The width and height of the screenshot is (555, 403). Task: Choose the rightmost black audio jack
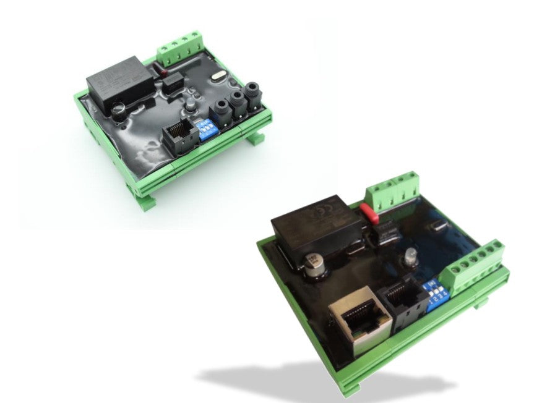point(251,95)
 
